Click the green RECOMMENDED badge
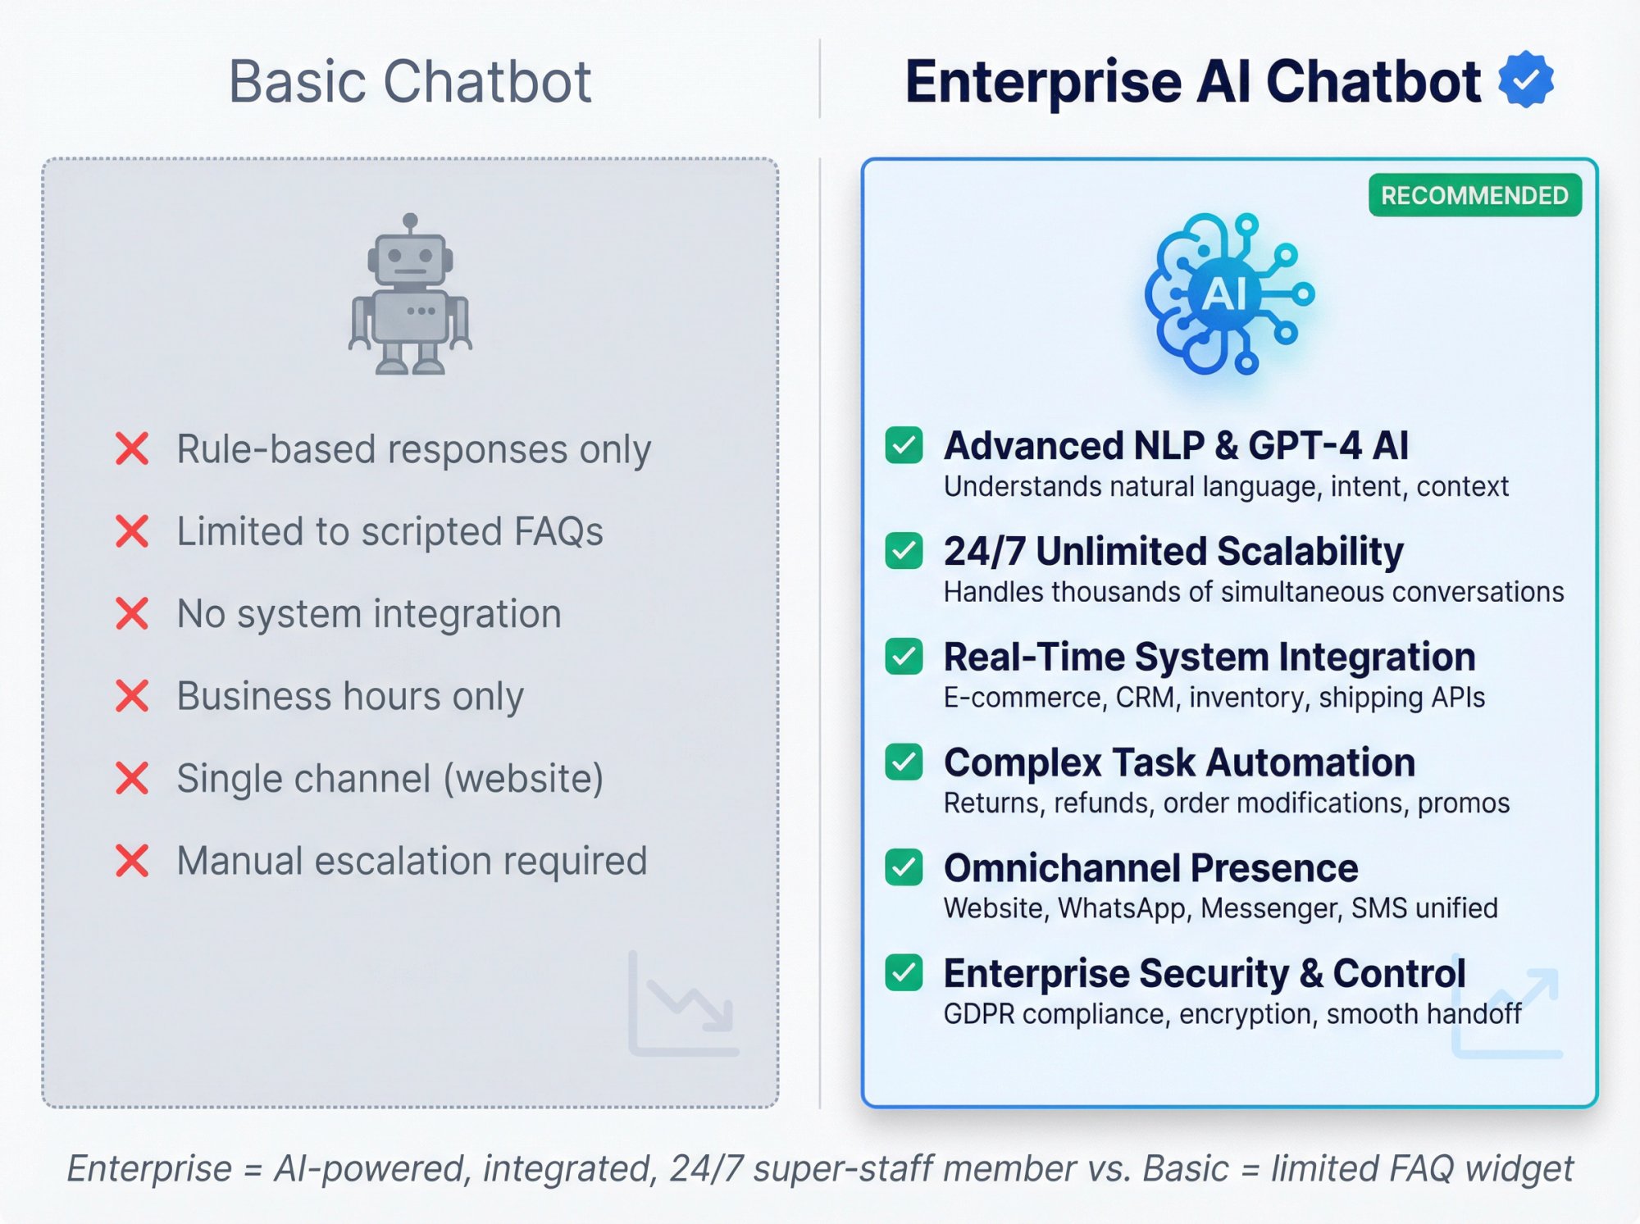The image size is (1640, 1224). coord(1474,195)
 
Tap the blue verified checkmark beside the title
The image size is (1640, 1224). coord(1525,80)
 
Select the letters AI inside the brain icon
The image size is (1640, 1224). coord(1225,293)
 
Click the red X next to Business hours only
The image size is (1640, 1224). coord(132,696)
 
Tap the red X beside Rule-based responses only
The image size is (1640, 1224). coord(132,448)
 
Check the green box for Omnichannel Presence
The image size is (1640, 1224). coord(904,867)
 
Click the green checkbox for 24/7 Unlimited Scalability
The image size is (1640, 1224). coord(904,550)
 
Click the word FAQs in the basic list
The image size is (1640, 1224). coord(558,531)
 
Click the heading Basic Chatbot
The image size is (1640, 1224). coord(409,81)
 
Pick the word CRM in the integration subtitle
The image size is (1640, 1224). coord(1147,698)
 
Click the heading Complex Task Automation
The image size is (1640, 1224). coord(1179,762)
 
